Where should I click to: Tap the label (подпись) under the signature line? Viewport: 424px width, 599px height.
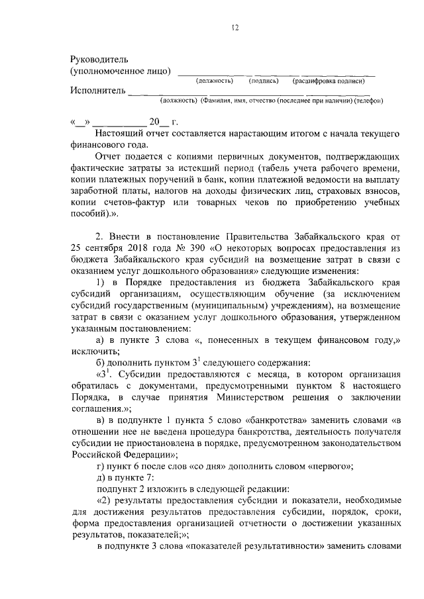click(x=262, y=81)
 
